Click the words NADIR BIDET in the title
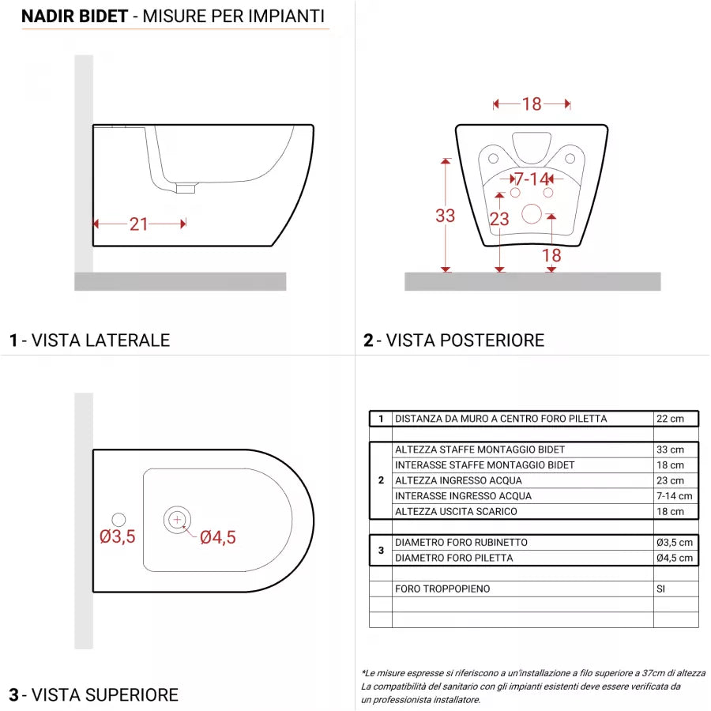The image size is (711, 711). point(74,16)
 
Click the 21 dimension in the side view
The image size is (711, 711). point(139,224)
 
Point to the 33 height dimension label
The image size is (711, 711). point(446,215)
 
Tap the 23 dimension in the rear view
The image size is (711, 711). point(499,220)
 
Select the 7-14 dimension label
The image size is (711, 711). point(532,179)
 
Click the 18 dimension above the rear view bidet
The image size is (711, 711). point(532,103)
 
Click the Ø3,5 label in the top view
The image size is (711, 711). point(118,537)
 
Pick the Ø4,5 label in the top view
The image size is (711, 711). point(217,538)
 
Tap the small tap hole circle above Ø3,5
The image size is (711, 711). point(118,519)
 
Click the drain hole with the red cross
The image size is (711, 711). point(177,519)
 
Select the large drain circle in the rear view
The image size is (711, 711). point(532,213)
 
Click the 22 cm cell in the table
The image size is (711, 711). point(670,419)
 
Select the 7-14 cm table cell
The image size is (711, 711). point(674,496)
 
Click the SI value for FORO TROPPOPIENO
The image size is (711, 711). point(661,589)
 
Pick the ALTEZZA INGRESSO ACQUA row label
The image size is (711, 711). point(447,480)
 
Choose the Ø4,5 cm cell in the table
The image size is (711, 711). point(675,558)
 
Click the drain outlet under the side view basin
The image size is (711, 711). point(186,188)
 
